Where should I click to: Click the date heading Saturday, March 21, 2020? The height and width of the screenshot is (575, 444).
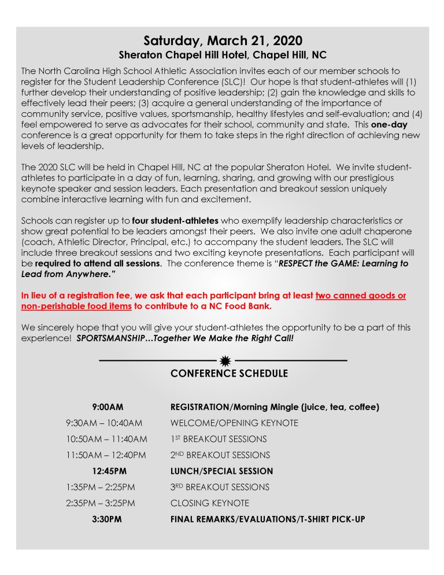(x=223, y=41)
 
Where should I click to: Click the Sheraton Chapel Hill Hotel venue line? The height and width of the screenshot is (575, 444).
(x=223, y=56)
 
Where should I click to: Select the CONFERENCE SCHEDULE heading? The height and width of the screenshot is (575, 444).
(x=229, y=374)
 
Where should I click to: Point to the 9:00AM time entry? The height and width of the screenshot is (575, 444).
(x=107, y=407)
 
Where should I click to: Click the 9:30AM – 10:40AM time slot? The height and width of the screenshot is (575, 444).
(x=104, y=423)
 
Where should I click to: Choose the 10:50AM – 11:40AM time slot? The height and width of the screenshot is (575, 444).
(x=106, y=439)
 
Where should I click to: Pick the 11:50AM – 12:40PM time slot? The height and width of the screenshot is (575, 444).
(x=106, y=455)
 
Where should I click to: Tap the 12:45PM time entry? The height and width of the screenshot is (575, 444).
(x=107, y=471)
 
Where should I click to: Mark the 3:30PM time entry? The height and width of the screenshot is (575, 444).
(x=107, y=519)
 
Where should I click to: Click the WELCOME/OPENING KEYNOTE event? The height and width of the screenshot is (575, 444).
(x=234, y=423)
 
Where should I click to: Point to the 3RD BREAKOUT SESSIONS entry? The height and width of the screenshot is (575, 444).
(x=220, y=487)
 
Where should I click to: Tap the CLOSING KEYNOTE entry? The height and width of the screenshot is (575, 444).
(x=210, y=503)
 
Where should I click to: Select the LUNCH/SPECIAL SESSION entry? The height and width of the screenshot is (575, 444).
(x=221, y=471)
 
